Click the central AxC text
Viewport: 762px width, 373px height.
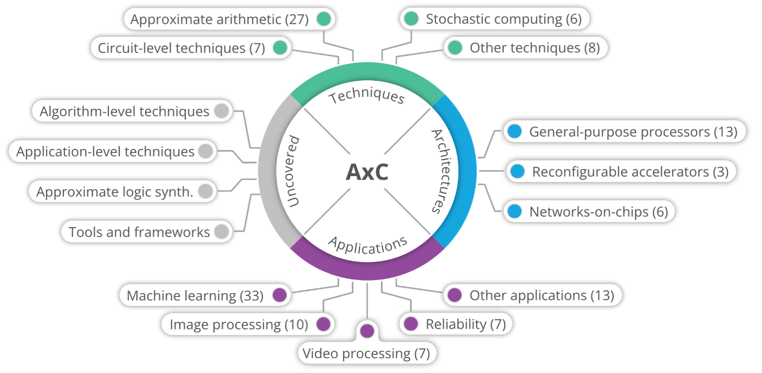(367, 172)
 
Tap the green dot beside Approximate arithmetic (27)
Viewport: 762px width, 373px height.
(324, 19)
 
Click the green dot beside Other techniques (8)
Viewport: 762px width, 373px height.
(455, 48)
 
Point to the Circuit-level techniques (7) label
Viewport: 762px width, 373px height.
(181, 48)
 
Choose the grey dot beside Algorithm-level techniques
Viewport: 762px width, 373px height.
(221, 111)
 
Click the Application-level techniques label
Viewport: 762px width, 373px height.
(105, 151)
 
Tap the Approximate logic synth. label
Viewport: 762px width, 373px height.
(115, 192)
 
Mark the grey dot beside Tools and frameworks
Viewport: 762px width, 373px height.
(221, 232)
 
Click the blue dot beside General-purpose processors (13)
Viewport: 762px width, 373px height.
(514, 131)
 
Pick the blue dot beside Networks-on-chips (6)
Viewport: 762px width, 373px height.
(514, 211)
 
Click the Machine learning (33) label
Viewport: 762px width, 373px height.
(195, 295)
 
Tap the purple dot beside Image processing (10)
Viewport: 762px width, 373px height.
(323, 324)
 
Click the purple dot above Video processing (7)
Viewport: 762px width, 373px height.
(367, 331)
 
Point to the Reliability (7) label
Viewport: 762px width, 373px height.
(465, 324)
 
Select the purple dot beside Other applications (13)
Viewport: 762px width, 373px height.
(454, 295)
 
